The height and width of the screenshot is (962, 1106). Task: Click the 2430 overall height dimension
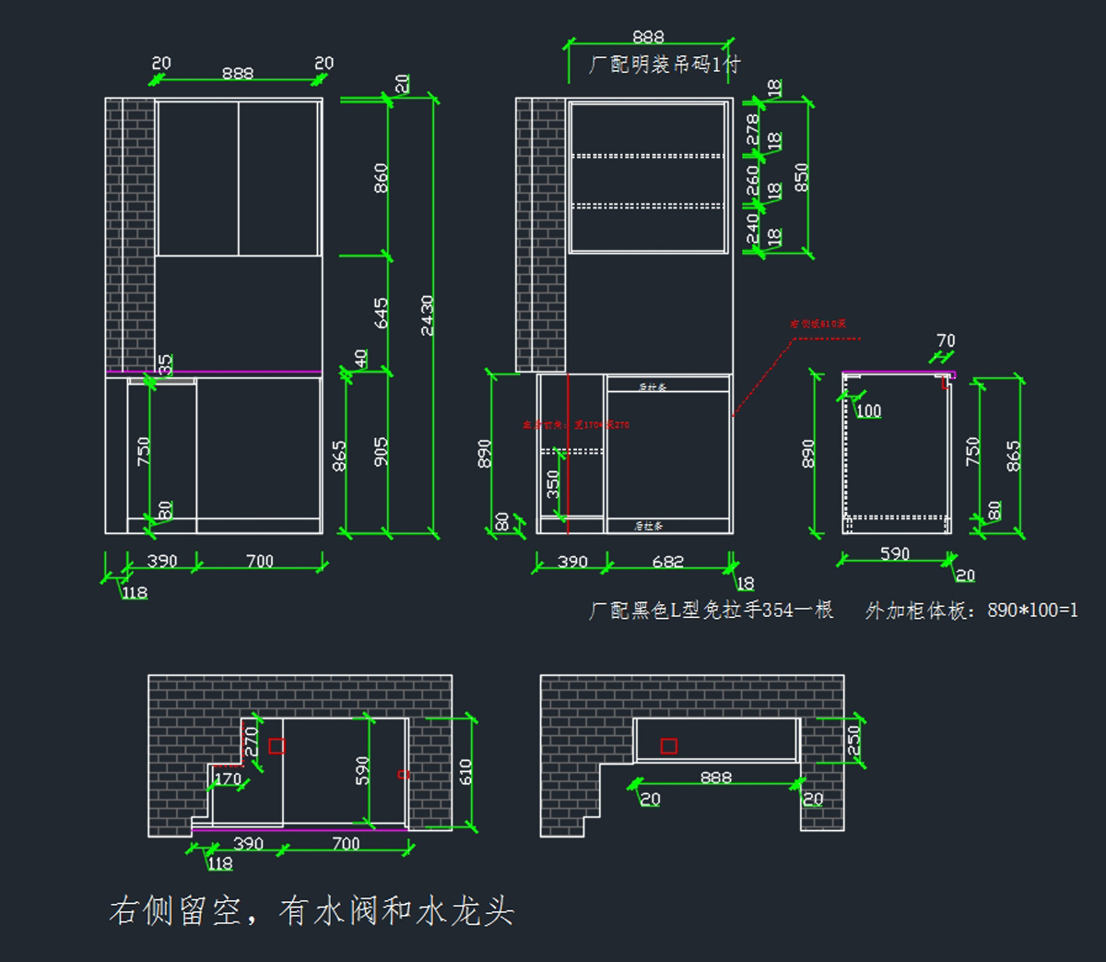[427, 315]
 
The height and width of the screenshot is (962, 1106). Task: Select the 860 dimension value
[381, 177]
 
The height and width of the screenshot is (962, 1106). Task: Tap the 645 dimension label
[381, 313]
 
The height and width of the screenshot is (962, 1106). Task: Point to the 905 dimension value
[381, 451]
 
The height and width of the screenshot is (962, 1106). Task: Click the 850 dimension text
[801, 177]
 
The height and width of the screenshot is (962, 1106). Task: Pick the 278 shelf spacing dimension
[752, 129]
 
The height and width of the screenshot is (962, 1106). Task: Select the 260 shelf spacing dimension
[752, 180]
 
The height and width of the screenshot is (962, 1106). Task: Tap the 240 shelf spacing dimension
[752, 228]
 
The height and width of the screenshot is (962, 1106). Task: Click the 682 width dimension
[667, 561]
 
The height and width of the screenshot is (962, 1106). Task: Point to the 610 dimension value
[465, 771]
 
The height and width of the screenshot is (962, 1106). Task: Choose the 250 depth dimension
[853, 740]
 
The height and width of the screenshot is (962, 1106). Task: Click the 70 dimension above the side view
[946, 340]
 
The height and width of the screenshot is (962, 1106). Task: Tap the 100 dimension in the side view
[868, 410]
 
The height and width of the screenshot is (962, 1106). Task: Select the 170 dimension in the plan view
[227, 778]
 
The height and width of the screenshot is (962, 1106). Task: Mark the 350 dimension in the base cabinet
[553, 484]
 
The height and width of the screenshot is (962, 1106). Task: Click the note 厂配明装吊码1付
[664, 65]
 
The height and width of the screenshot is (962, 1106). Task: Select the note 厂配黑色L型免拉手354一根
[711, 610]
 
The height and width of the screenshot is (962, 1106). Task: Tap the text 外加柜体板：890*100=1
[971, 610]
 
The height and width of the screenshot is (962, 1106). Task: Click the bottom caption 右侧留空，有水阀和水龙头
[312, 910]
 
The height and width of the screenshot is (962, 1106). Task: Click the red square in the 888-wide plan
[669, 745]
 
